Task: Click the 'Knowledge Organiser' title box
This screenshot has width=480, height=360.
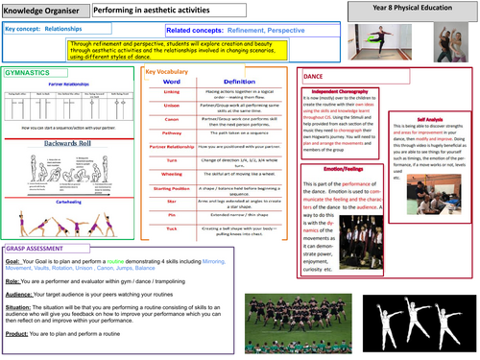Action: pos(41,9)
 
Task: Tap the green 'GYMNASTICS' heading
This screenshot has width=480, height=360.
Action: pos(28,73)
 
